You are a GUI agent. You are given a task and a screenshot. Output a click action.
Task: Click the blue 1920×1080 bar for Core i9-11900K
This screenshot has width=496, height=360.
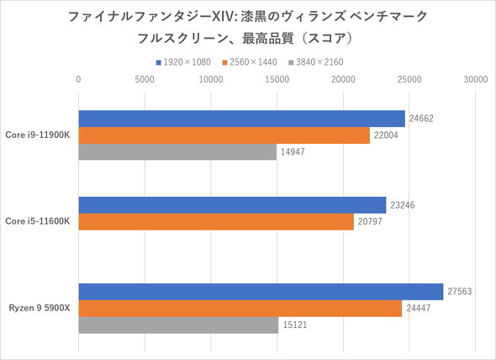tap(241, 119)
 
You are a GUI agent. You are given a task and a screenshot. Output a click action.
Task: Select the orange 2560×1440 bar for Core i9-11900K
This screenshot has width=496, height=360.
tap(224, 135)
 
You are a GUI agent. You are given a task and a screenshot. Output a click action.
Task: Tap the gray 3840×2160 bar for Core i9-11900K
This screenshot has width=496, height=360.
tap(177, 152)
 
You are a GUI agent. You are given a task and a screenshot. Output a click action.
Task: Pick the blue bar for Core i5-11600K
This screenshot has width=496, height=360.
tap(232, 204)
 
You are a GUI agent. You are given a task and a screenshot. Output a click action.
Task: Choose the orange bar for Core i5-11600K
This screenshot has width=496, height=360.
tap(216, 221)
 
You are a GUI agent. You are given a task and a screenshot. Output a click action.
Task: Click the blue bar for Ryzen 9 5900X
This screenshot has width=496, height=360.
tap(261, 291)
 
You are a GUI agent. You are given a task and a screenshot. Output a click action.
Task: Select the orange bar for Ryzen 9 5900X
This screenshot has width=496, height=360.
tap(240, 308)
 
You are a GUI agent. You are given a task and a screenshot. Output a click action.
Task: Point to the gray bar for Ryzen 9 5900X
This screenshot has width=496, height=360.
tap(178, 325)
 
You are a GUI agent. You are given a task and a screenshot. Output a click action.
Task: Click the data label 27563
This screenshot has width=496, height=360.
tap(459, 291)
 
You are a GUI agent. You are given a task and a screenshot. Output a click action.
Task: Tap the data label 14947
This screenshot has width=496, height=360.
tap(293, 152)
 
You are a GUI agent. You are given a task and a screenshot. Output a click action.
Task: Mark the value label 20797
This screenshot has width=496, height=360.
tap(371, 221)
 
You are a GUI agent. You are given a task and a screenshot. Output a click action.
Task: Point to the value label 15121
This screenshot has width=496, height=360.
tap(295, 325)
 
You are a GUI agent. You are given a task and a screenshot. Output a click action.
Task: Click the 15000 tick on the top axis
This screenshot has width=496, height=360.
tap(277, 80)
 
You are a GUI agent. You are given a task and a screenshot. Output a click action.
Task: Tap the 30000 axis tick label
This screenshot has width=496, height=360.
tap(475, 80)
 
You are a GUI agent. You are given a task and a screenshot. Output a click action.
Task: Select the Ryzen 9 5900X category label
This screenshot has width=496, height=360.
tap(39, 308)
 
